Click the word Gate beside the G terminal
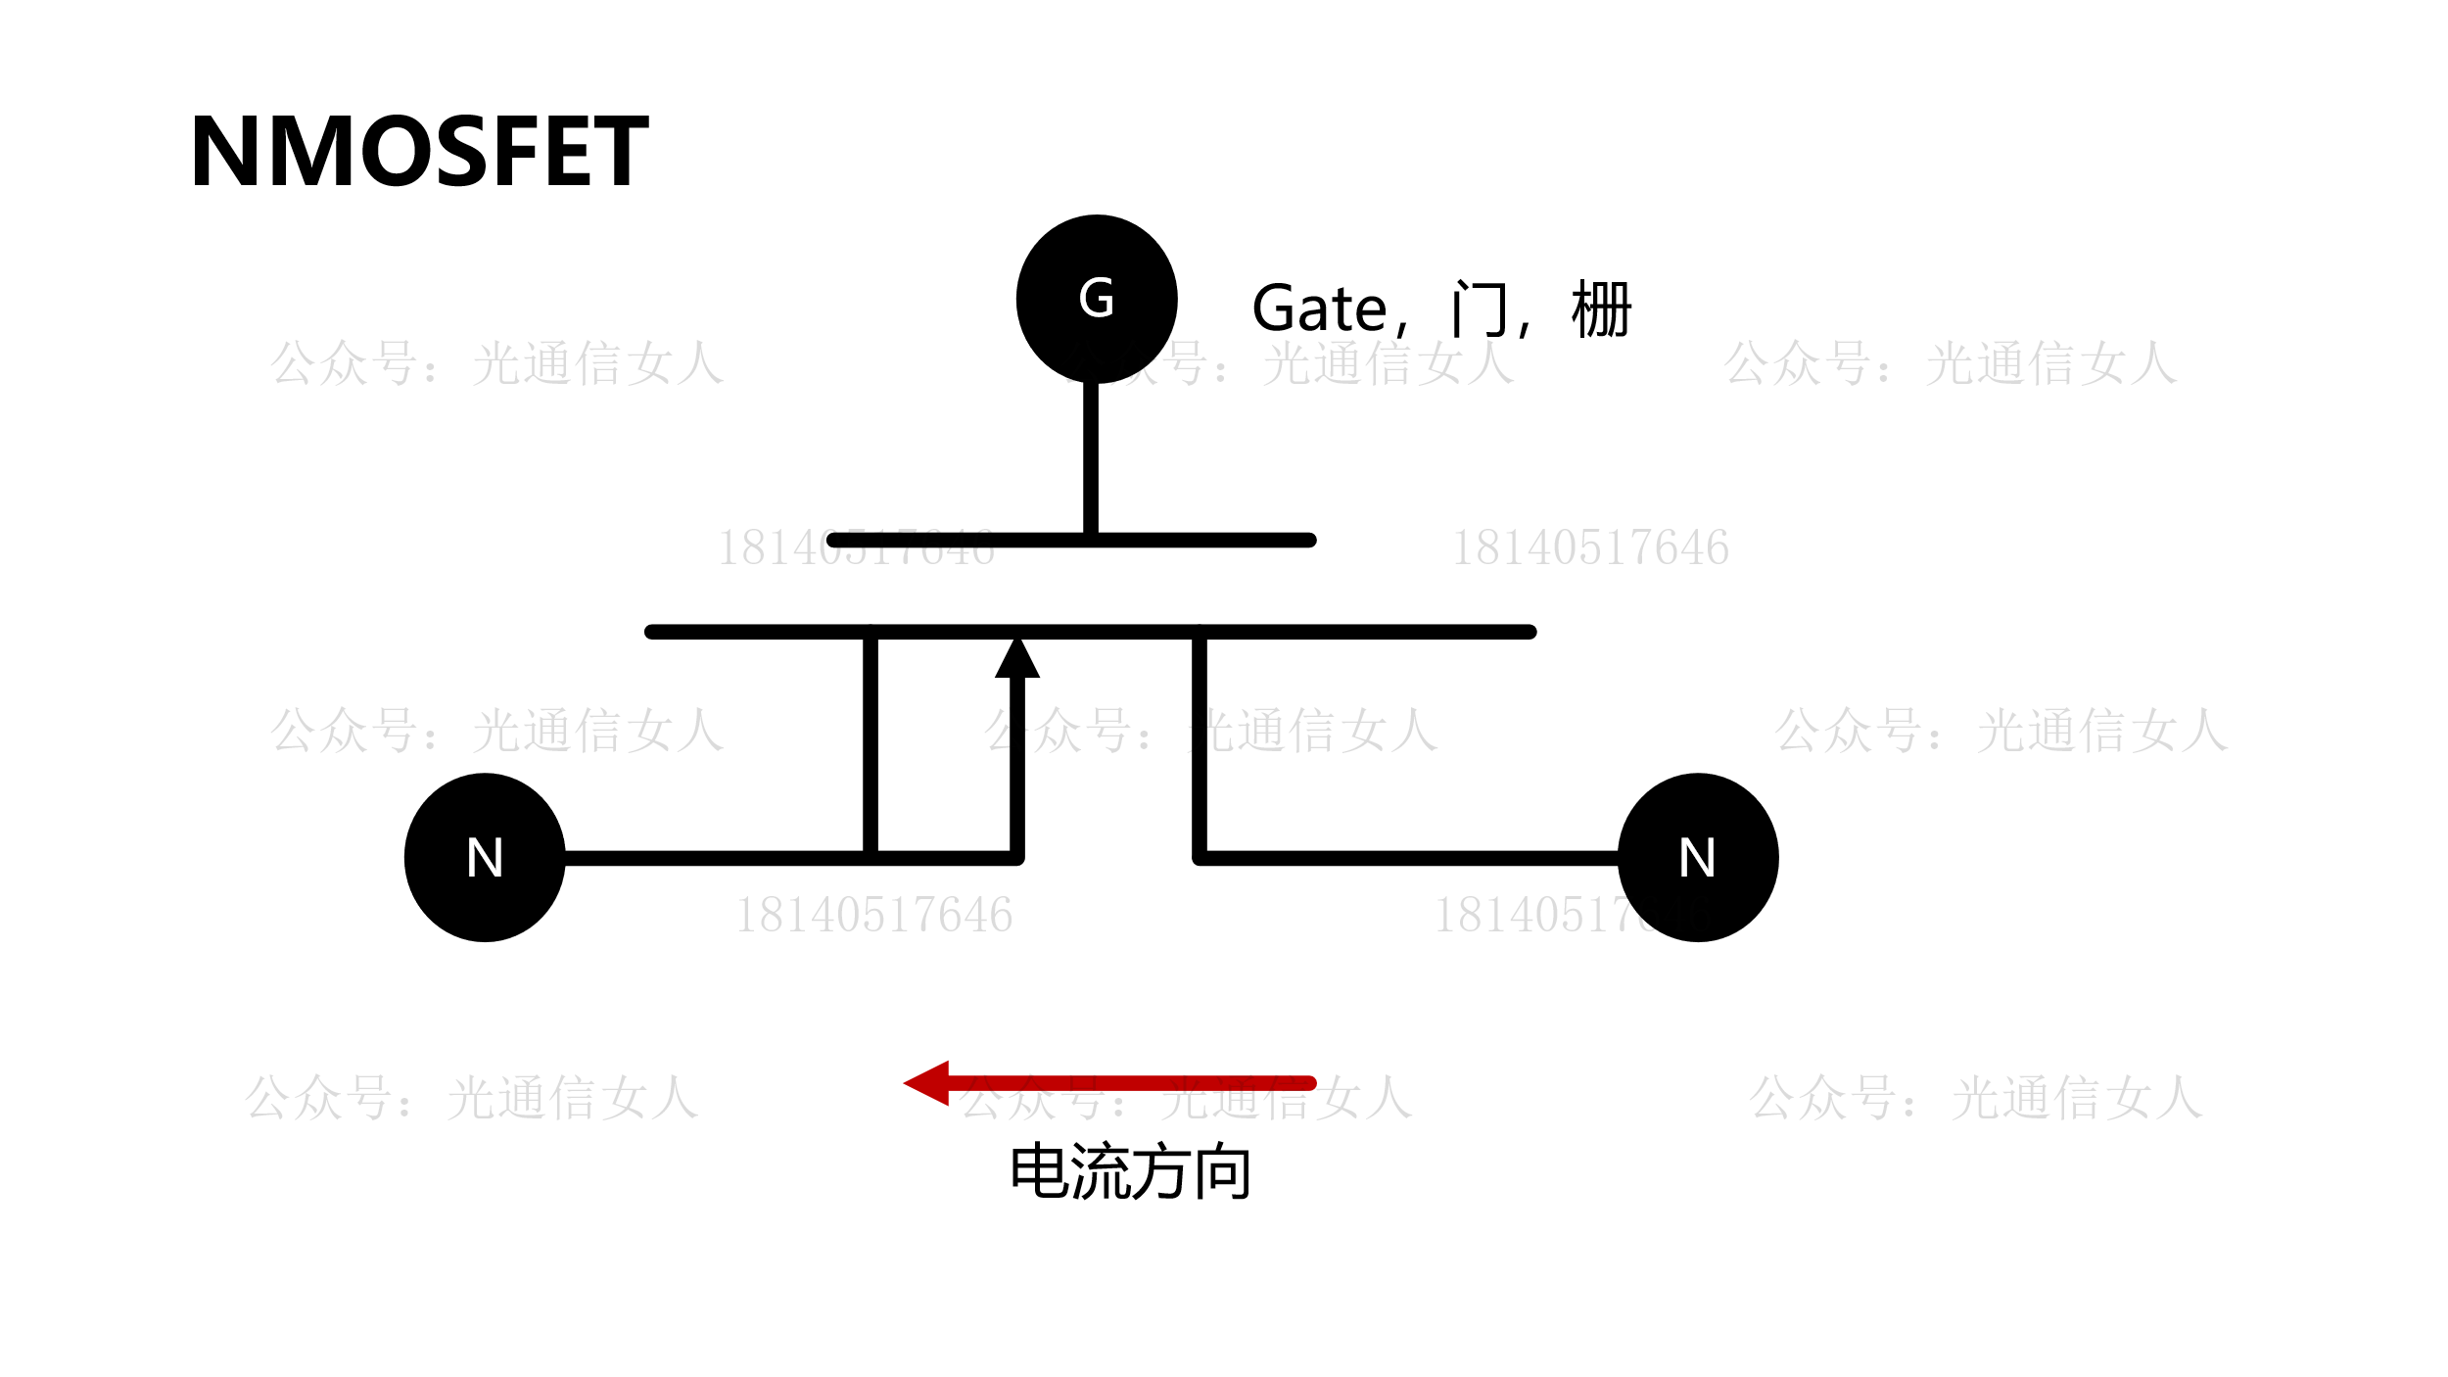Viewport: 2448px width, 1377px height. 1319,309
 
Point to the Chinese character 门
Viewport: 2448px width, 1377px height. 1479,309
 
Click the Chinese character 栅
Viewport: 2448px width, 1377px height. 1601,309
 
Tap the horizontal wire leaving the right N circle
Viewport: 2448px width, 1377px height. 1410,859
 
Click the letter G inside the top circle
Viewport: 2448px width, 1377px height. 1097,298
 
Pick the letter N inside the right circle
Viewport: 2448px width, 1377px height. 1697,858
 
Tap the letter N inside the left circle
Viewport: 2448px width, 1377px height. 485,858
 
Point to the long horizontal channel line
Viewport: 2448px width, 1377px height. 1371,632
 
